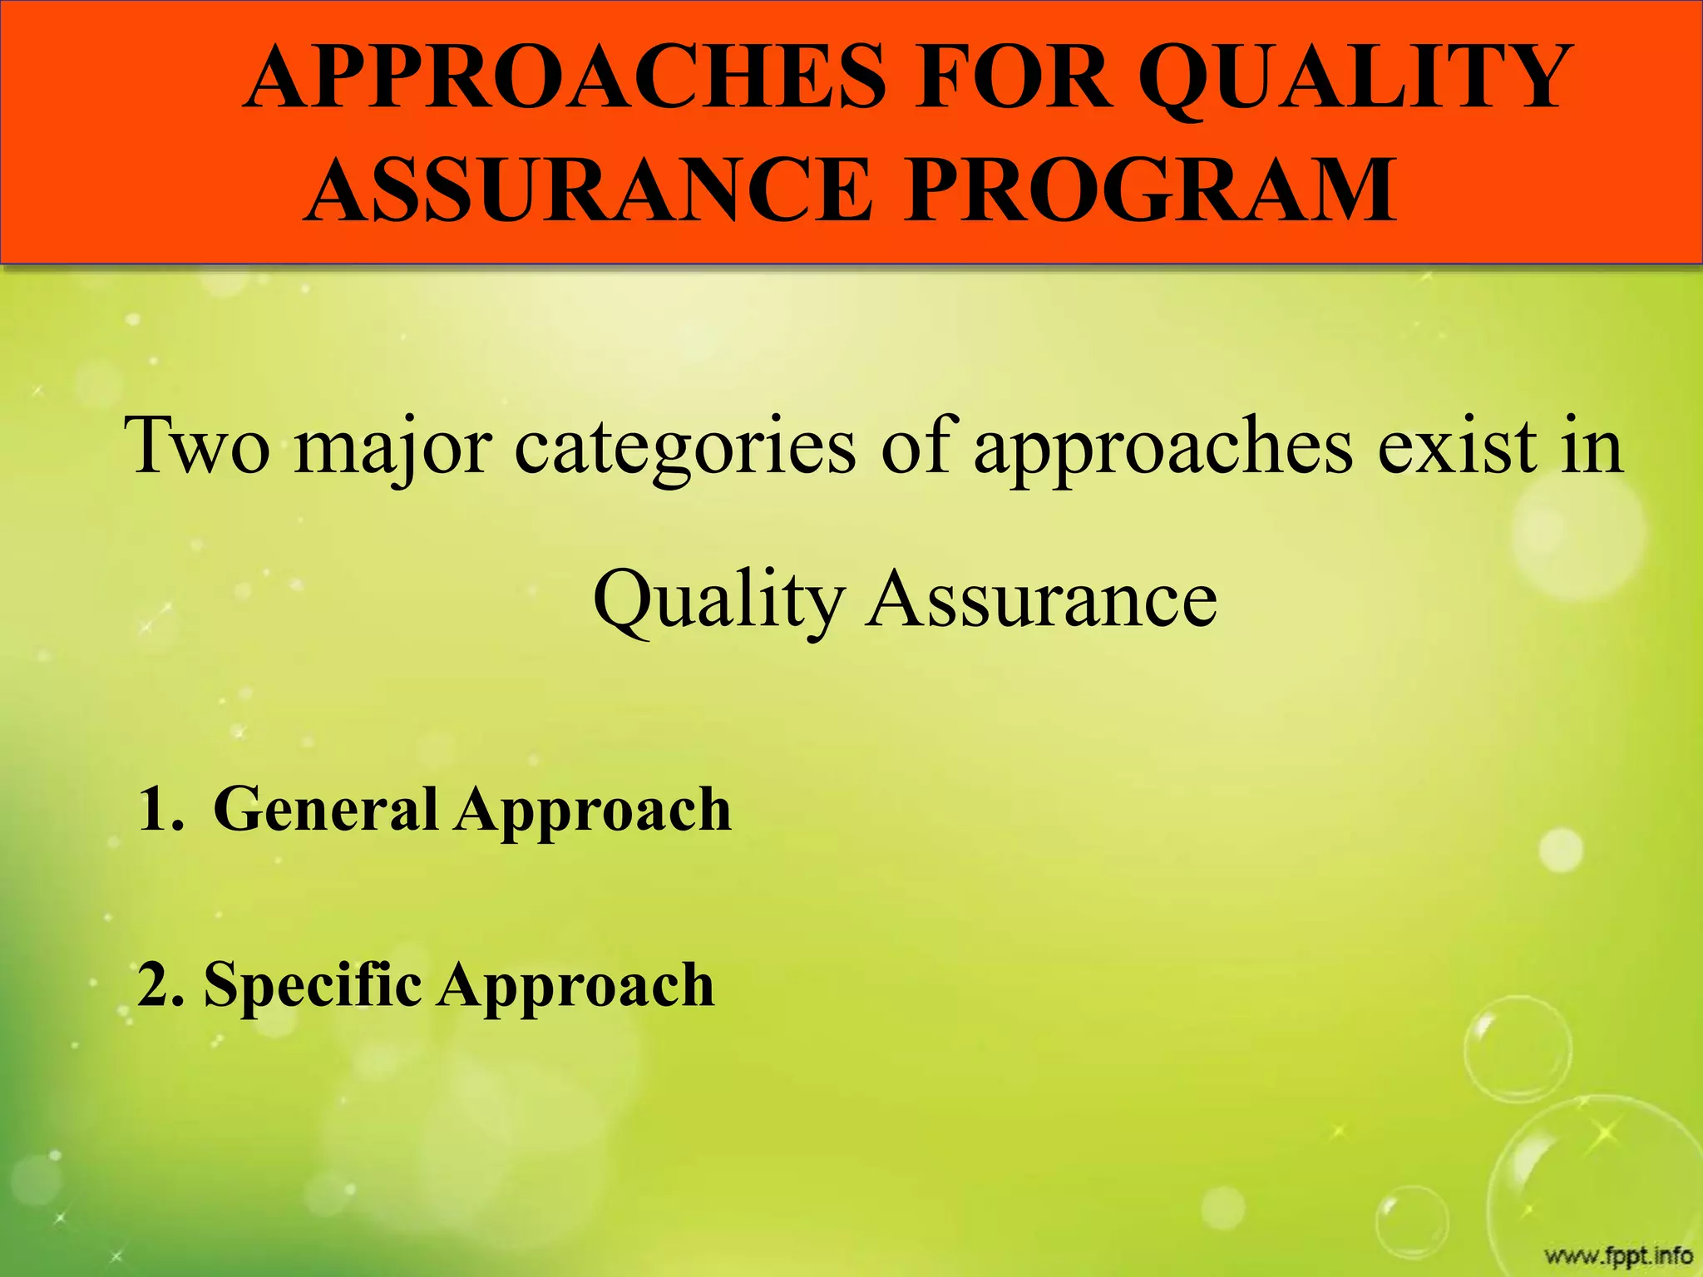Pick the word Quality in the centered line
(718, 600)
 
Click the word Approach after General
(592, 811)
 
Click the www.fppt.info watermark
(1618, 1255)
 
